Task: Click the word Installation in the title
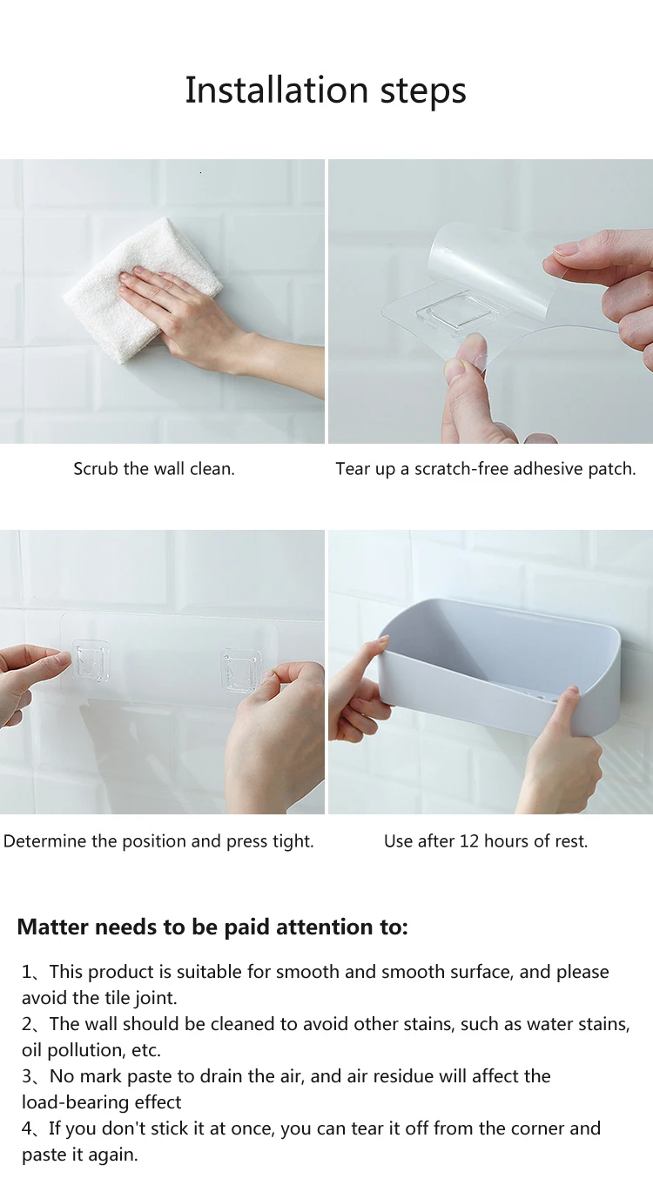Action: [277, 90]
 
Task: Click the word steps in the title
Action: [423, 91]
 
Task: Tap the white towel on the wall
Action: [142, 290]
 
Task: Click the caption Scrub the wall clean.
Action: [154, 469]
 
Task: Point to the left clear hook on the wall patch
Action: [91, 660]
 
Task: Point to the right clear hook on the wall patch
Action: [241, 670]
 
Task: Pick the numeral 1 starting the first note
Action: [26, 972]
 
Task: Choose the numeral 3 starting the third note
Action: [27, 1076]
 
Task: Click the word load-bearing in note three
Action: [76, 1102]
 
